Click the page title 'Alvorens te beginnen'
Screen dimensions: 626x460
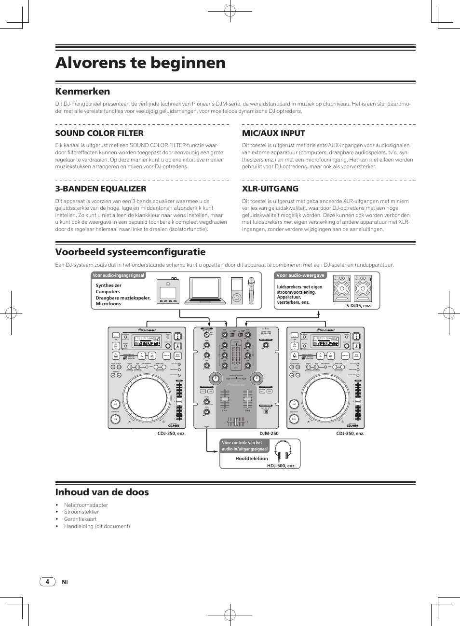[140, 63]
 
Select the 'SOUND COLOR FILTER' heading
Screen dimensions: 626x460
[99, 133]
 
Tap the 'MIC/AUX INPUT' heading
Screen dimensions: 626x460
[273, 133]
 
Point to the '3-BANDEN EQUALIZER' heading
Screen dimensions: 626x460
[101, 189]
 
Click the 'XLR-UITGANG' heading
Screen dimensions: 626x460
[270, 189]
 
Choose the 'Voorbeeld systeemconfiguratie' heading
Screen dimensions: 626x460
[130, 252]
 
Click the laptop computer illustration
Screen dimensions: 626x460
[206, 290]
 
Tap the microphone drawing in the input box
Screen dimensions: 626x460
[251, 290]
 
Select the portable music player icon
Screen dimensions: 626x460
[236, 290]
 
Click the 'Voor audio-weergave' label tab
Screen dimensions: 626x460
[300, 275]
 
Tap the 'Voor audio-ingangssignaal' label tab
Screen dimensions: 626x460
[118, 275]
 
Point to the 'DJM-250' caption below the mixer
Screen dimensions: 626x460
[269, 434]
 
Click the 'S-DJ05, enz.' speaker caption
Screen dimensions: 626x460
[359, 306]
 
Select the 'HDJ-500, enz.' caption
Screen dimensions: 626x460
[281, 466]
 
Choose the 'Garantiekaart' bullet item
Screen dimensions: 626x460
[80, 519]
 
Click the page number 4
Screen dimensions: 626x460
[47, 582]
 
